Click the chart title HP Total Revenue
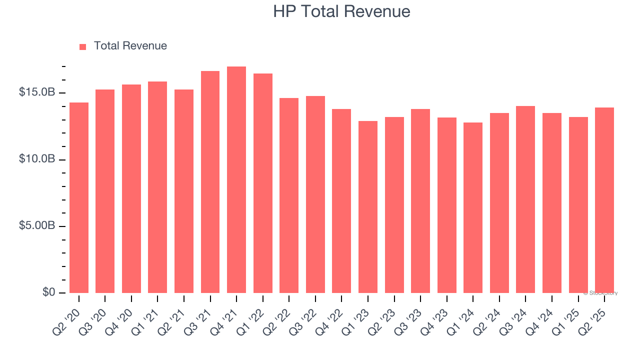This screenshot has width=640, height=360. point(341,11)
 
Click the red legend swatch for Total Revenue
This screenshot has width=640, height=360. point(83,46)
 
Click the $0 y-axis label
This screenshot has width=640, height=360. point(48,292)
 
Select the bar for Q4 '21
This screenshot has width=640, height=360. point(236,180)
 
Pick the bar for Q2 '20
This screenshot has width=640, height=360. point(79,198)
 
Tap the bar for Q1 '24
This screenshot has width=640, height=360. point(473,208)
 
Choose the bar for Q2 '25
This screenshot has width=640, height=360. point(604,200)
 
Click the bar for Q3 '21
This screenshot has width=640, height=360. point(210,182)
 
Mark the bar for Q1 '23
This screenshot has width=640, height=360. point(368,207)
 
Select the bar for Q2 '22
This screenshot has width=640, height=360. point(289,195)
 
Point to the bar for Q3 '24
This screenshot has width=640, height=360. point(525,199)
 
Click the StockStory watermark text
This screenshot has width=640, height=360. point(600,293)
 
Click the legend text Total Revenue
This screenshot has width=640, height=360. point(130,46)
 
